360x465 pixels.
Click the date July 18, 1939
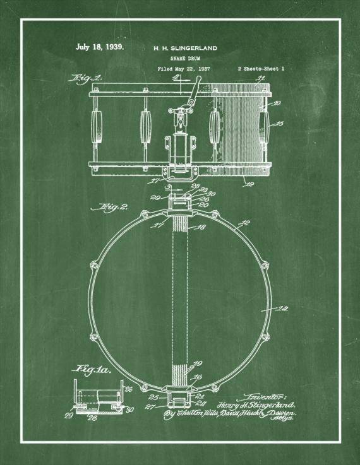[x=99, y=47]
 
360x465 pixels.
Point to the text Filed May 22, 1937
[x=183, y=68]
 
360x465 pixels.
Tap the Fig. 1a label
[x=93, y=370]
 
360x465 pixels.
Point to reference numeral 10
[x=279, y=102]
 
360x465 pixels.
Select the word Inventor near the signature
[x=255, y=392]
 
